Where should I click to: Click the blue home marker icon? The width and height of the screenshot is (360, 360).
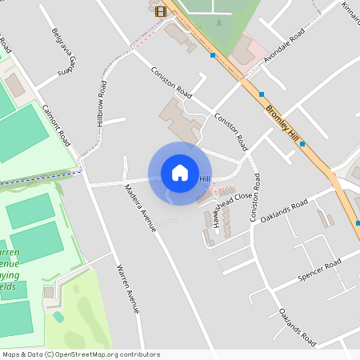click(x=180, y=173)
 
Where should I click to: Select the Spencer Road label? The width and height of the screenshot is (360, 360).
click(x=318, y=270)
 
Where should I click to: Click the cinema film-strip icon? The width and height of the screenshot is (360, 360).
click(x=162, y=10)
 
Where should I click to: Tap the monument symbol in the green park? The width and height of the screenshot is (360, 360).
click(x=218, y=22)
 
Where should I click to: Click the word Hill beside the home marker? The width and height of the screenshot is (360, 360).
click(x=205, y=178)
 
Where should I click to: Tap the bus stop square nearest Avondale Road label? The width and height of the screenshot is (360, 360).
click(x=262, y=94)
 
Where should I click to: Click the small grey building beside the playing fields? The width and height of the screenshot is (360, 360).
click(x=50, y=293)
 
